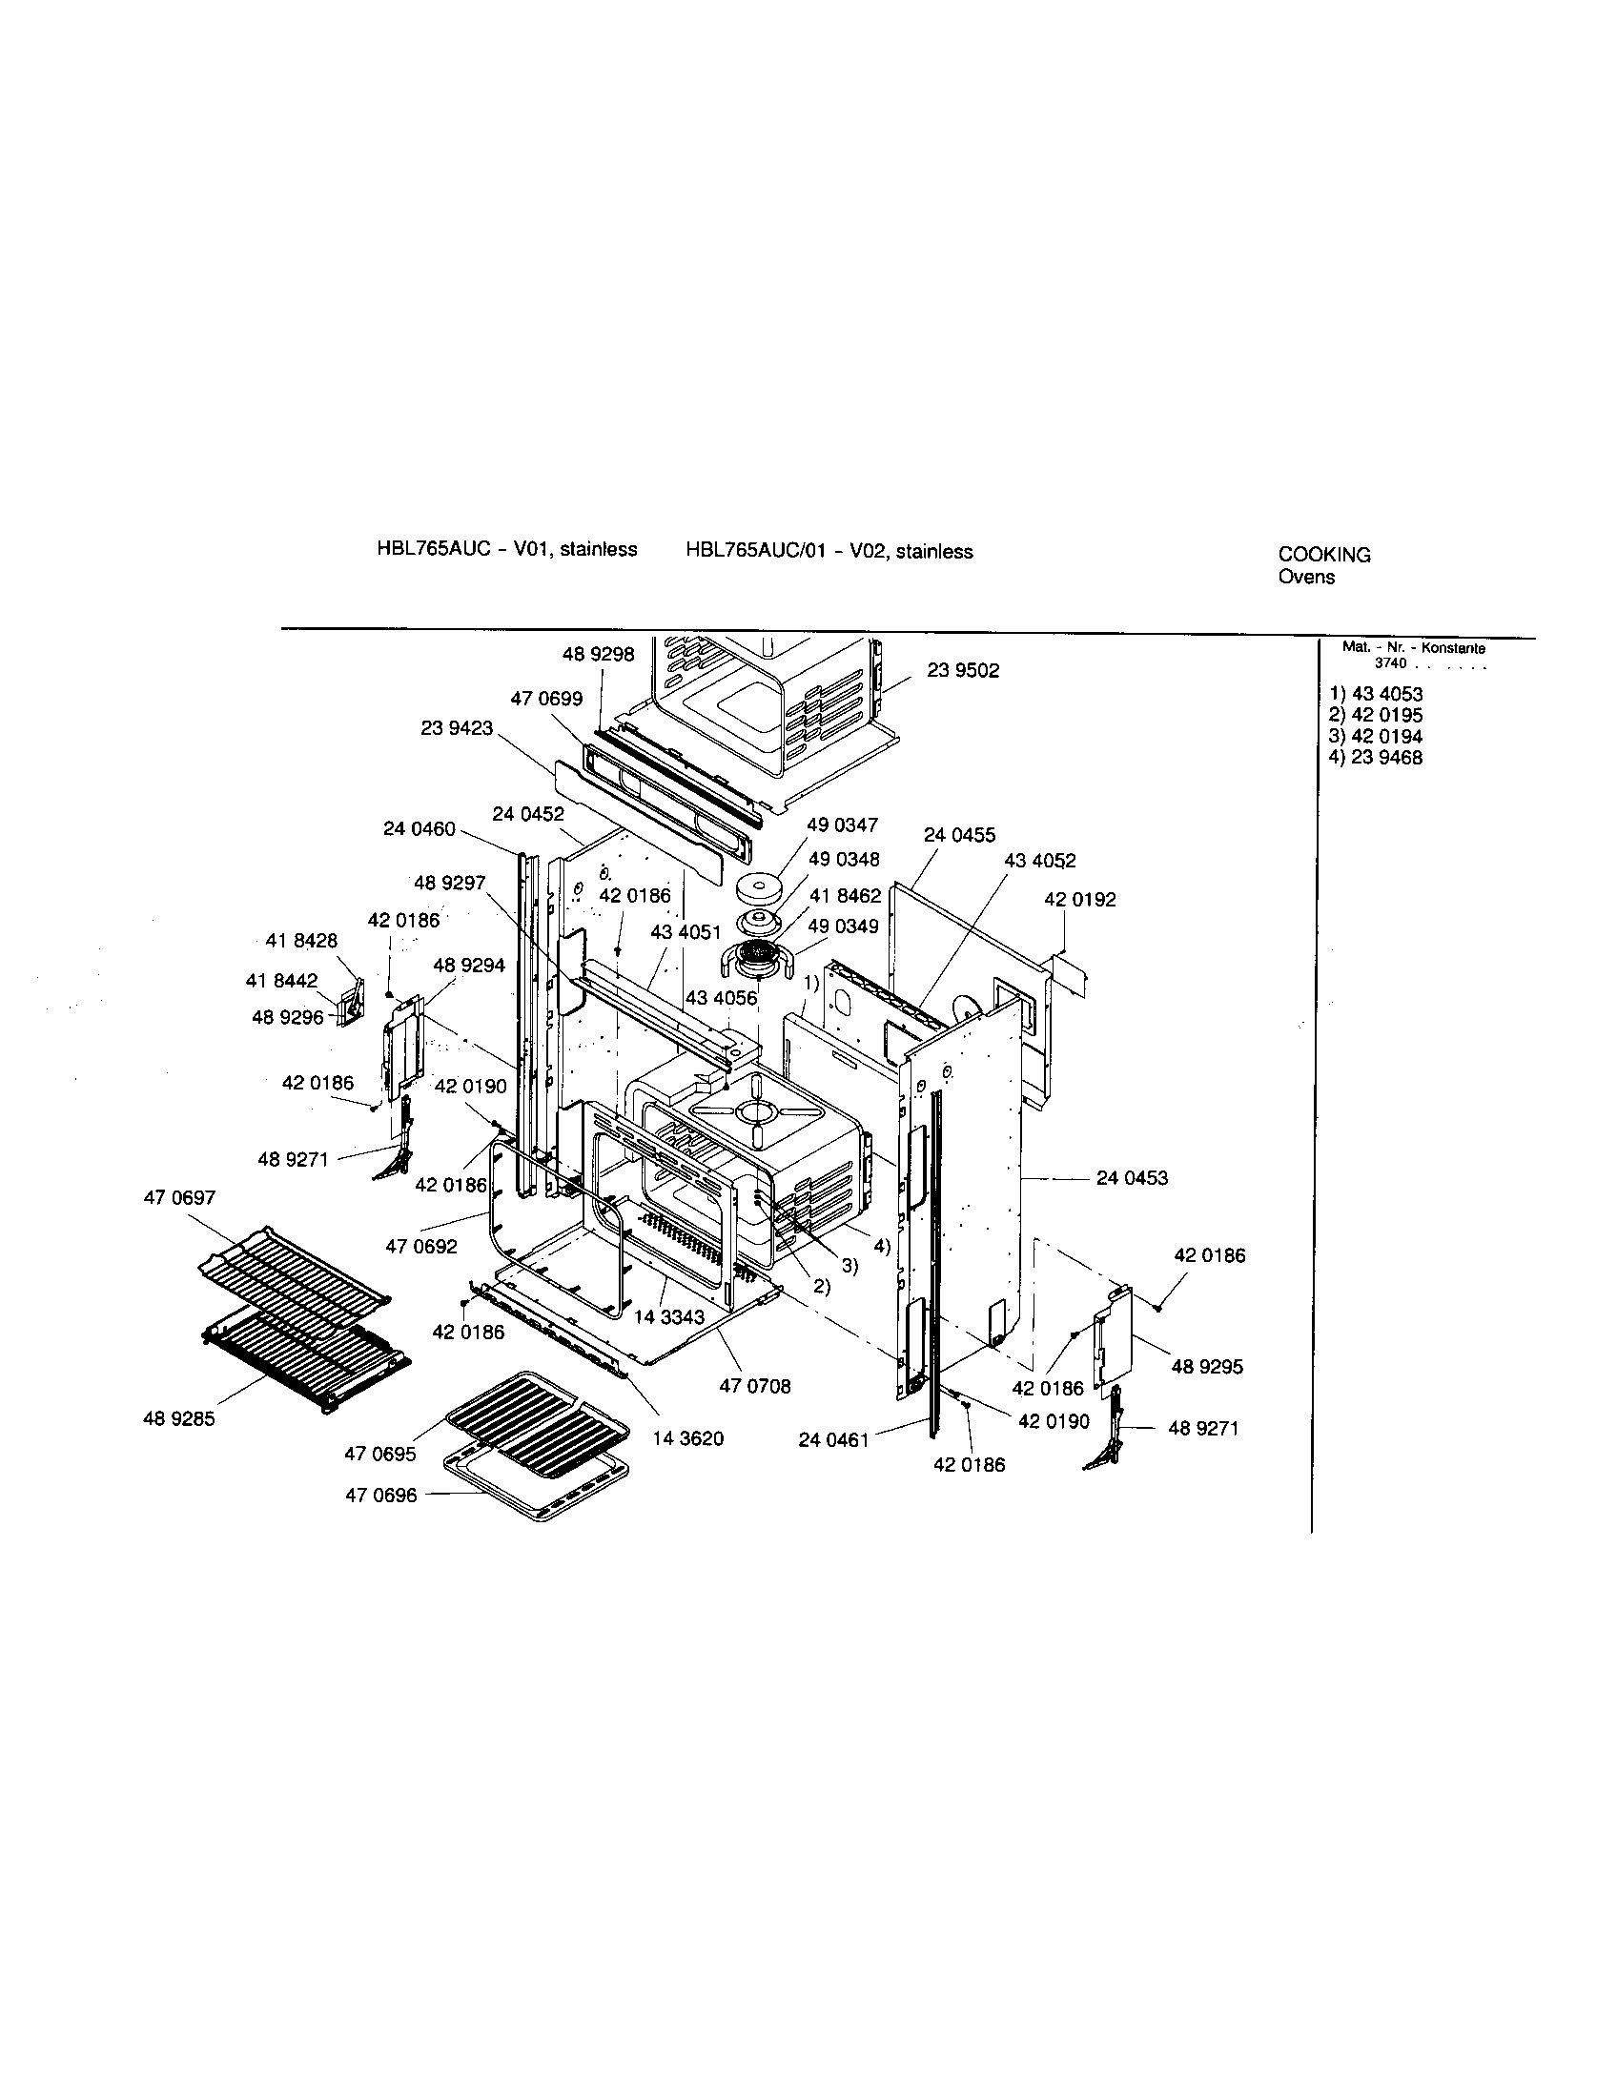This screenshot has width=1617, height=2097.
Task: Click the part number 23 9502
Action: (x=962, y=670)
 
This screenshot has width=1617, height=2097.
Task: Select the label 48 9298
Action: (x=598, y=654)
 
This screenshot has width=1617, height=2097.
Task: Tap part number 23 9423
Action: (x=456, y=728)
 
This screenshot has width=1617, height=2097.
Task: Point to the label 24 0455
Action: (x=959, y=835)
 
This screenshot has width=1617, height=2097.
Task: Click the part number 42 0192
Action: (x=1079, y=900)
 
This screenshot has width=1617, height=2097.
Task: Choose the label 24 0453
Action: (x=1131, y=1177)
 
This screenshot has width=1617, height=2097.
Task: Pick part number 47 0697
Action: (x=179, y=1197)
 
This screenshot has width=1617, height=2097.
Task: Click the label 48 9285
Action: (x=178, y=1418)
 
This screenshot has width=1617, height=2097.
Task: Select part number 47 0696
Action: (x=381, y=1495)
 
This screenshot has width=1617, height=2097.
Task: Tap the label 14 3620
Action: (x=687, y=1438)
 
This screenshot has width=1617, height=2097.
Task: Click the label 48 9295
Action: (x=1206, y=1366)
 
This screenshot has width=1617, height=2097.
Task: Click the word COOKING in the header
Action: (x=1324, y=555)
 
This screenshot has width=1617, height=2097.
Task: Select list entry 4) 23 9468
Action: (x=1376, y=758)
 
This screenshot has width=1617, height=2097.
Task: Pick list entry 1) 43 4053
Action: (x=1376, y=694)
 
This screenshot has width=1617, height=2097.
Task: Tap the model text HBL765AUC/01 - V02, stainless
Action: (x=829, y=551)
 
